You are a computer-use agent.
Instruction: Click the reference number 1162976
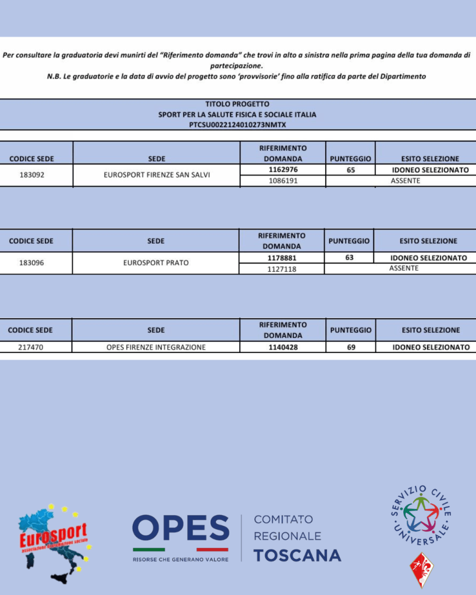click(x=282, y=170)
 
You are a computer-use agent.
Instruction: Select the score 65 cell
click(x=350, y=170)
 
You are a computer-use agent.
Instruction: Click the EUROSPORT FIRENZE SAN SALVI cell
click(x=157, y=175)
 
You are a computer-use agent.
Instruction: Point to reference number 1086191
click(x=282, y=181)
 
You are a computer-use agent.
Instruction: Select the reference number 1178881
click(x=282, y=258)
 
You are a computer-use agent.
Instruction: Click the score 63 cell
click(x=349, y=258)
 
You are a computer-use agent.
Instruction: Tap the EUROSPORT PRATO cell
click(x=156, y=263)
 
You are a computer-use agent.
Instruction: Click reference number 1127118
click(x=282, y=269)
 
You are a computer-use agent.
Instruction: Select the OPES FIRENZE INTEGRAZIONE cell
click(x=156, y=347)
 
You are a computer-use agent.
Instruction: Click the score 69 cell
click(x=350, y=347)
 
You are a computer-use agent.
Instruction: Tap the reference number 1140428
click(x=282, y=347)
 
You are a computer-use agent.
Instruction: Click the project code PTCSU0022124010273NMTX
click(x=237, y=124)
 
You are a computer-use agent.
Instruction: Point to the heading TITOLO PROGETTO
click(x=237, y=104)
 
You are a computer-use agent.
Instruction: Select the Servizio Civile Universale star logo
click(x=422, y=511)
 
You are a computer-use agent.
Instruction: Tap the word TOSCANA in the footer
click(x=297, y=555)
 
